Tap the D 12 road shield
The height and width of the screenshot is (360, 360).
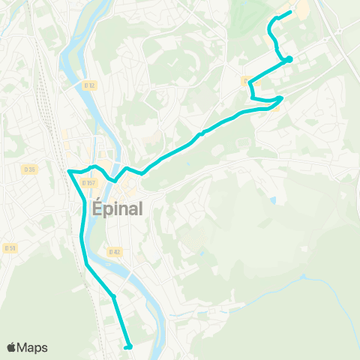(x=90, y=85)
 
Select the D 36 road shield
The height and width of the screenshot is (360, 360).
(x=29, y=169)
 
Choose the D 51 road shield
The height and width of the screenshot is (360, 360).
(x=10, y=247)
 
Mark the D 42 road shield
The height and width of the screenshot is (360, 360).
(x=114, y=252)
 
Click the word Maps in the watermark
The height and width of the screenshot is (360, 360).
(x=34, y=347)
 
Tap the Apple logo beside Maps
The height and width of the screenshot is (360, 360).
(x=12, y=347)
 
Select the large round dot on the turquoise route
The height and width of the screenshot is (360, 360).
(x=289, y=59)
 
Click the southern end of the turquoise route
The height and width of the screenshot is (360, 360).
(x=129, y=346)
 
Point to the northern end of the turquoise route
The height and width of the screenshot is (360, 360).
(x=289, y=12)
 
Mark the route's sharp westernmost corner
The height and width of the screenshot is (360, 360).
(x=69, y=171)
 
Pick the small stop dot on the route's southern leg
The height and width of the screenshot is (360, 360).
(x=114, y=297)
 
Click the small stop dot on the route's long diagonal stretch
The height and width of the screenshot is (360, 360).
(x=202, y=133)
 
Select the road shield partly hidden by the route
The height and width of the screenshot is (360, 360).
(x=245, y=79)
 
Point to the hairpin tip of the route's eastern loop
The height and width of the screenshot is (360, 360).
(x=280, y=98)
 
